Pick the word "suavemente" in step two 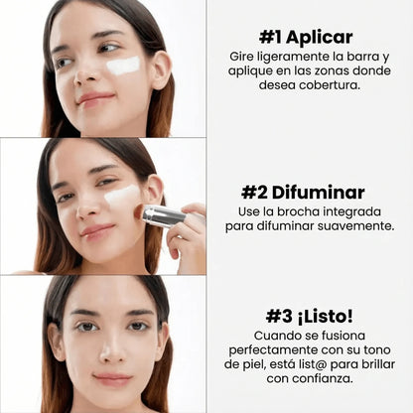pyautogui.click(x=346, y=225)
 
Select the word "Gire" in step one pyautogui.click(x=240, y=56)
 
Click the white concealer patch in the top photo pyautogui.click(x=123, y=66)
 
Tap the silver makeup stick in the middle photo pyautogui.click(x=161, y=215)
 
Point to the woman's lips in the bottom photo pyautogui.click(x=111, y=379)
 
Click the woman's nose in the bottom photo pyautogui.click(x=110, y=347)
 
